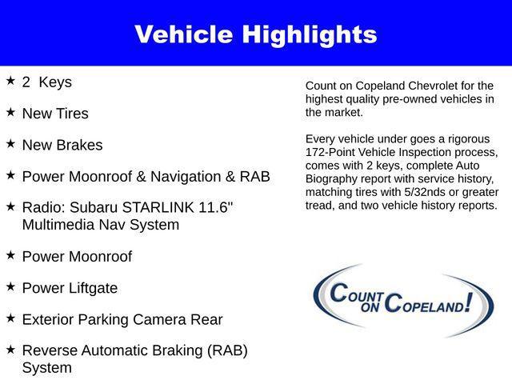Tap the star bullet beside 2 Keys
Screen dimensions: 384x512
click(x=10, y=81)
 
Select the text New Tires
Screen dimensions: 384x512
click(x=55, y=114)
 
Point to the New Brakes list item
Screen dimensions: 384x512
click(x=62, y=146)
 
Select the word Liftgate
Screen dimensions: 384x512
click(x=95, y=288)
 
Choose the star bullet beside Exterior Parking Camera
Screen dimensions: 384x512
click(x=10, y=318)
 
